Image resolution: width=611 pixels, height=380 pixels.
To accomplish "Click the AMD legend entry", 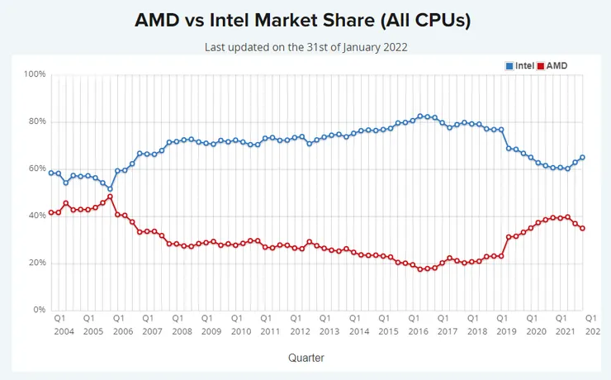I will [555, 65].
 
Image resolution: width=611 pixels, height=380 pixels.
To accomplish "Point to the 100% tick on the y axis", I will [35, 74].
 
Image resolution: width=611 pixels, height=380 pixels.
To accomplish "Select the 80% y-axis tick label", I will [37, 121].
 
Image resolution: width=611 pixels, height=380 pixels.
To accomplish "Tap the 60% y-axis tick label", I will [37, 169].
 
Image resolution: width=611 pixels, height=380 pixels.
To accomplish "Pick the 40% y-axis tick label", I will [37, 216].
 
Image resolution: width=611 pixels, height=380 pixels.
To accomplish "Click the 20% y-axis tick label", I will [37, 263].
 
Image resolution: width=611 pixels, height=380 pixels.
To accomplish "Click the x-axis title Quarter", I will [305, 358].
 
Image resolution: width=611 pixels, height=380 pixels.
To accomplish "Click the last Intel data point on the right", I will [582, 157].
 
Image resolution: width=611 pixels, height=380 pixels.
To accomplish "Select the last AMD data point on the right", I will [582, 228].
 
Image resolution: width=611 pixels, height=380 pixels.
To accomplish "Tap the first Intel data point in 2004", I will [51, 173].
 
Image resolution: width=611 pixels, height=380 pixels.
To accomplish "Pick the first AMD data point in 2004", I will [51, 212].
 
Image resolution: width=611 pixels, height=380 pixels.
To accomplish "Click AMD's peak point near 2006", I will [110, 197].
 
